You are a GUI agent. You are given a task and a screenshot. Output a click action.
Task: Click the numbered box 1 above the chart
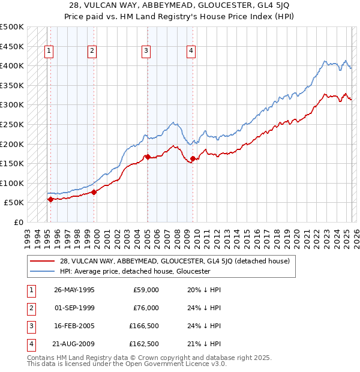[x=49, y=52]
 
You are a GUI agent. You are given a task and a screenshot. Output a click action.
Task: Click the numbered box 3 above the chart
[x=146, y=52]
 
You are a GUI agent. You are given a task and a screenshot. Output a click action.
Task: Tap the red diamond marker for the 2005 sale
[x=148, y=157]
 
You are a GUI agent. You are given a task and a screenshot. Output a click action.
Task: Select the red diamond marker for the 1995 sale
[x=50, y=199]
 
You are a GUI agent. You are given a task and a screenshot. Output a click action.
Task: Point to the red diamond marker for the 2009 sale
[x=193, y=159]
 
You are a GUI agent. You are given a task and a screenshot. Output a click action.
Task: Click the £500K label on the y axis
[x=12, y=27]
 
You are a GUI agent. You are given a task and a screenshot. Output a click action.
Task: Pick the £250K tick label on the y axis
[x=12, y=124]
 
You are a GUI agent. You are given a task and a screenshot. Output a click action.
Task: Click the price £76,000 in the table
[x=145, y=308]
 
